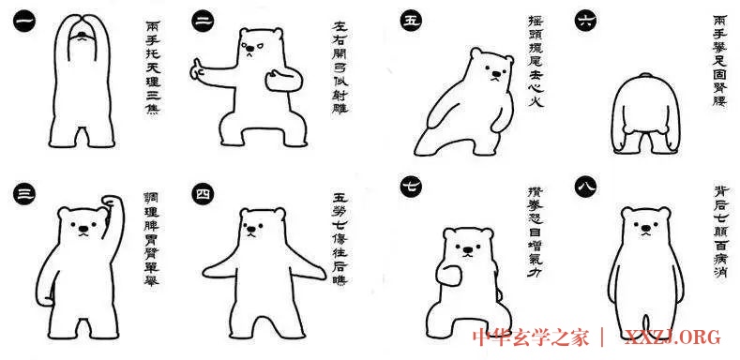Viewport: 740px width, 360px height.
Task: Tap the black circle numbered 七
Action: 410,184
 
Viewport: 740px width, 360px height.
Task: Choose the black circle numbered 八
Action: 586,184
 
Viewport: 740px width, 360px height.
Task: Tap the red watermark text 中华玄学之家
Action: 537,337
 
